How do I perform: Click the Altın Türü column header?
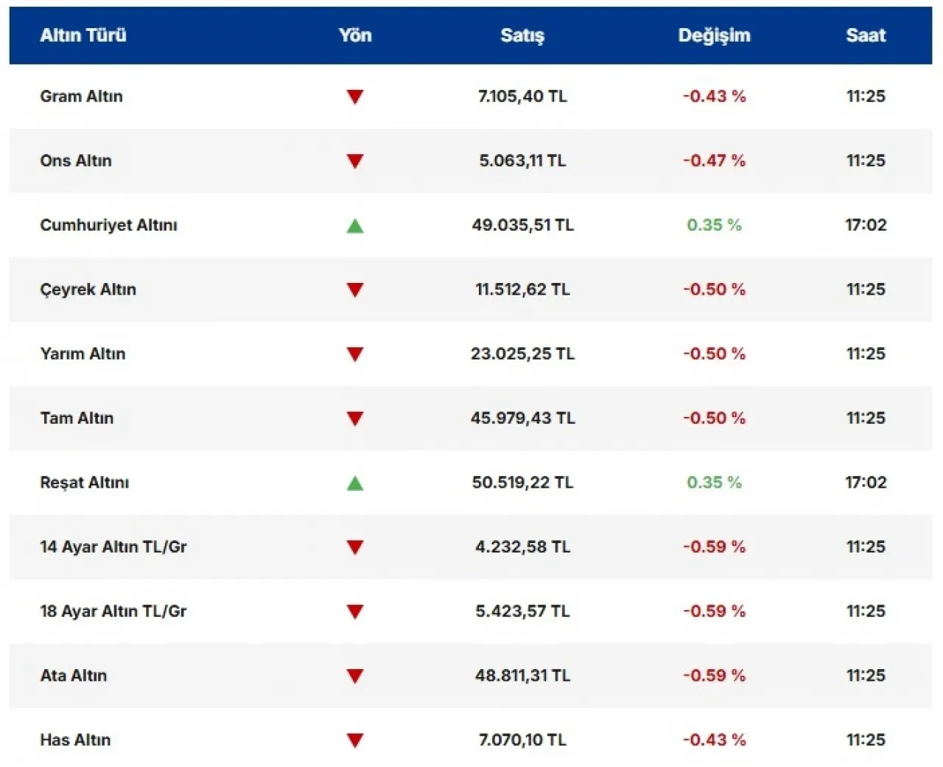click(x=83, y=35)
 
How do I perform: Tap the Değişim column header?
click(x=714, y=35)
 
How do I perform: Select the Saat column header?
click(x=866, y=35)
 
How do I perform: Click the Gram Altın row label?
click(x=81, y=97)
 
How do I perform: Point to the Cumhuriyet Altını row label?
click(x=108, y=225)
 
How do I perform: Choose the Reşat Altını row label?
click(x=84, y=483)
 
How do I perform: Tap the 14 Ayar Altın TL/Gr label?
click(x=113, y=547)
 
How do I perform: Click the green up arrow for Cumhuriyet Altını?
click(x=355, y=225)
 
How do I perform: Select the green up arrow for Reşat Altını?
click(x=355, y=483)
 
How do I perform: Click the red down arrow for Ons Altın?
click(x=355, y=161)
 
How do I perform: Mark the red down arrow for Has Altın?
click(x=355, y=740)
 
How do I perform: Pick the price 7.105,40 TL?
click(x=522, y=97)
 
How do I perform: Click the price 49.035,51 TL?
click(x=522, y=225)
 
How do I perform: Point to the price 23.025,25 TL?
click(x=522, y=354)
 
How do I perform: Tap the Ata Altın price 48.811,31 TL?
click(x=522, y=676)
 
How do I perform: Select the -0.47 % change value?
click(x=714, y=161)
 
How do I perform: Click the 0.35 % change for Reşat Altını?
click(x=714, y=483)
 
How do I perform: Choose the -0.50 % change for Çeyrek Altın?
click(x=714, y=290)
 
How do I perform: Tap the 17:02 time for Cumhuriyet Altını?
click(x=866, y=225)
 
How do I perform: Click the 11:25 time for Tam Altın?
click(x=866, y=418)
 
